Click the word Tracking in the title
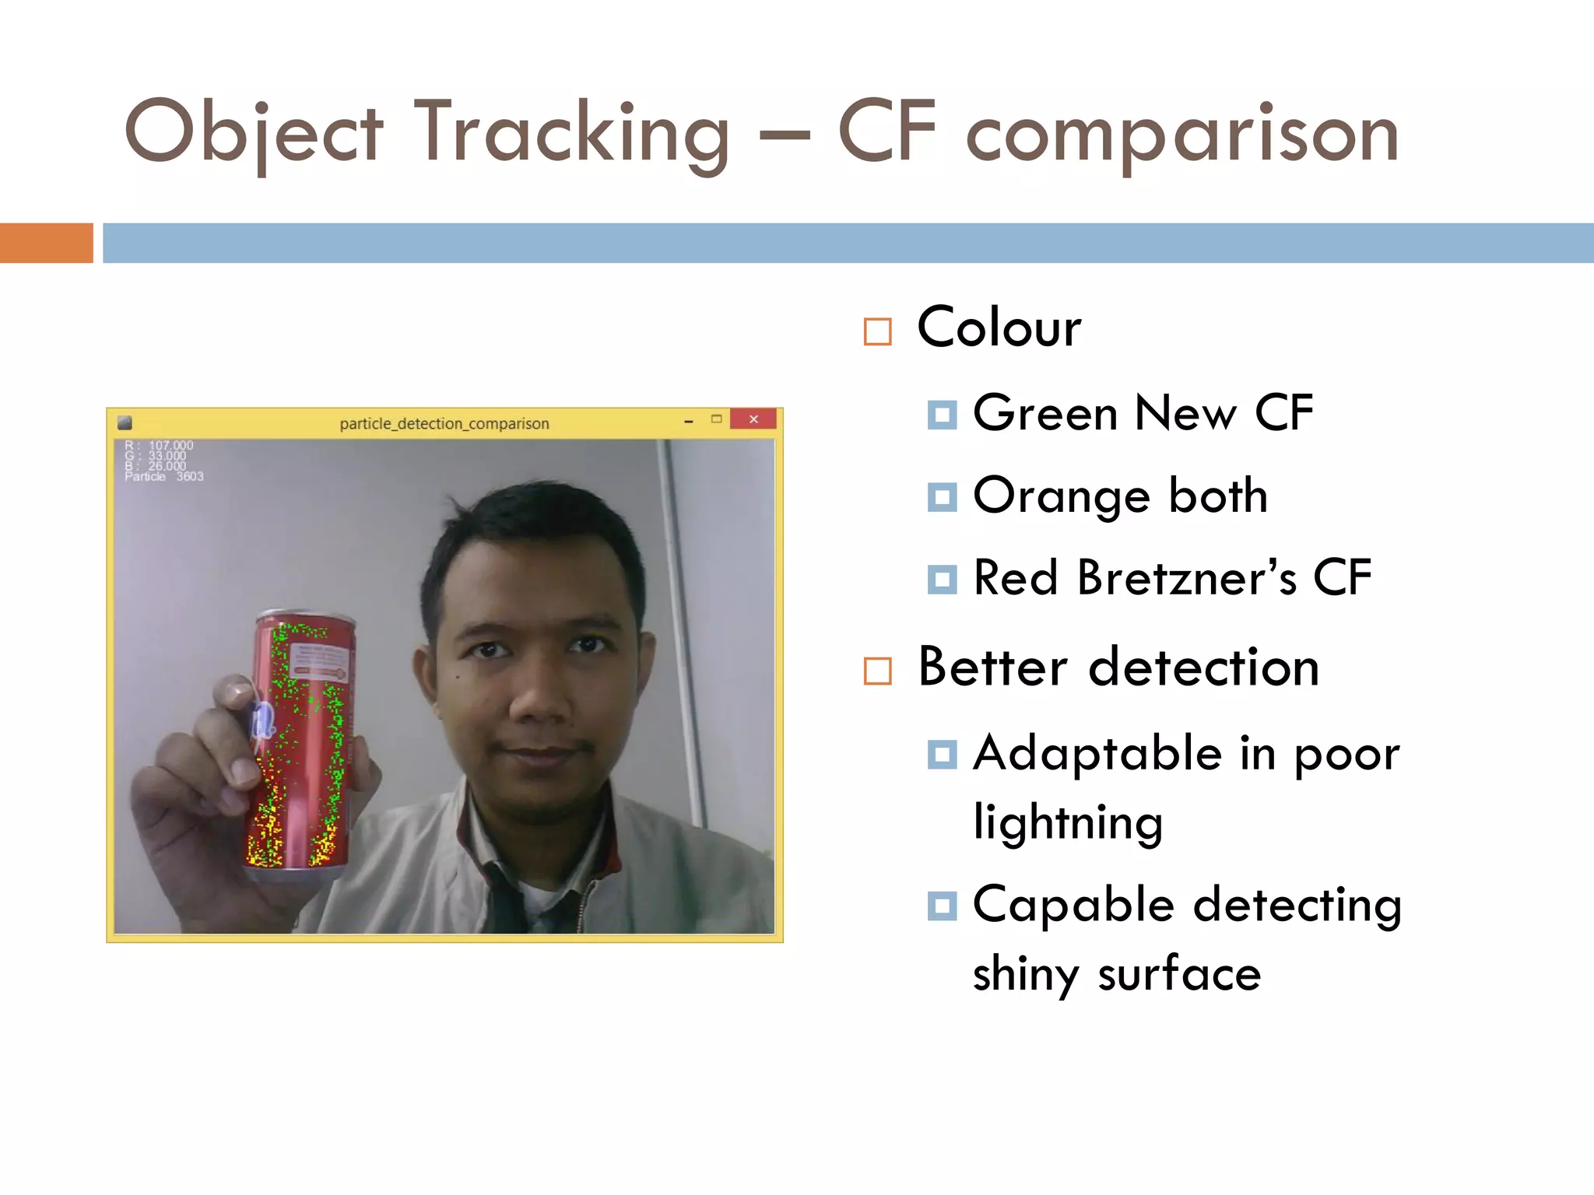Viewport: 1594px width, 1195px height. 572,134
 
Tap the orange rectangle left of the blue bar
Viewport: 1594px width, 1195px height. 46,243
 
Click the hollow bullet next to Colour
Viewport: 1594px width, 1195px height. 877,331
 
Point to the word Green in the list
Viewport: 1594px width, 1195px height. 1048,412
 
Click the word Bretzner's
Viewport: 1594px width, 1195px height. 1187,578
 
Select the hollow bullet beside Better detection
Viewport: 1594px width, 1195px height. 877,671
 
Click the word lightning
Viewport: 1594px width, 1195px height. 1068,822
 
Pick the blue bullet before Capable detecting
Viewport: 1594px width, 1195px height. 942,906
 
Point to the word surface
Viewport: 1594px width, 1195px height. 1178,973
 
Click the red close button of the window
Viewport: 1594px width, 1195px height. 753,419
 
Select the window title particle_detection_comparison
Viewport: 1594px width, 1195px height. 444,424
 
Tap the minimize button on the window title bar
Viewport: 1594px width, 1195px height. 688,421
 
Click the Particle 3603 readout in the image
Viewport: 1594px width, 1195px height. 164,477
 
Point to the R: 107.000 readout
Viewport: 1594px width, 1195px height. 160,446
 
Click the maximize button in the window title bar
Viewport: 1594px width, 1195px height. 716,419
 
